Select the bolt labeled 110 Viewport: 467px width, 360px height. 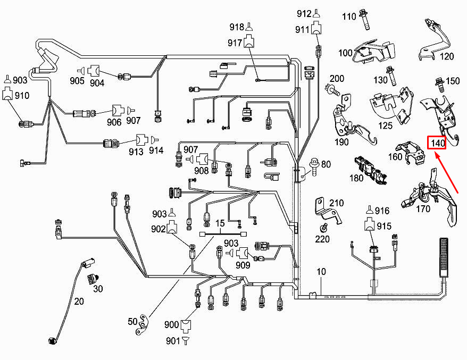[365, 19]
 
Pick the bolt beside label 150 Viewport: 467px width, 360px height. [439, 82]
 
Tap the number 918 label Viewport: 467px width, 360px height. [236, 27]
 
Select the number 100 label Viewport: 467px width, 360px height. [345, 53]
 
